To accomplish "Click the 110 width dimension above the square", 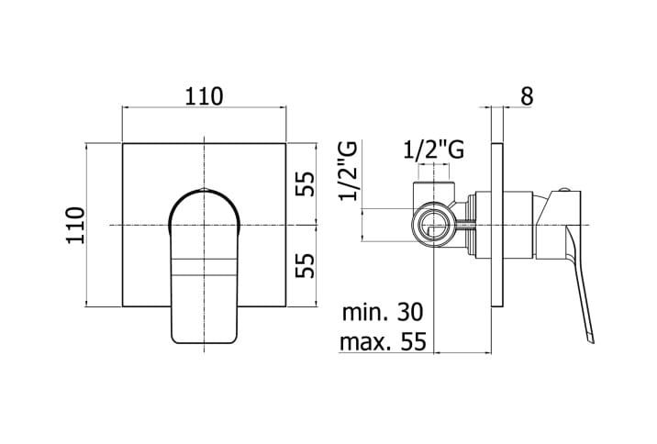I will (203, 95).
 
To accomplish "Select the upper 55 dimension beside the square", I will (306, 183).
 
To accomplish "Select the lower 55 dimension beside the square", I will (306, 266).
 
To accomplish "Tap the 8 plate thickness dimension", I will (526, 95).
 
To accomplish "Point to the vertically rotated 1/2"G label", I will (348, 171).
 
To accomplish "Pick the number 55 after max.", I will (414, 343).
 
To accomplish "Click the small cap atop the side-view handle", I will (563, 190).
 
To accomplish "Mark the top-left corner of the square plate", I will (122, 143).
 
